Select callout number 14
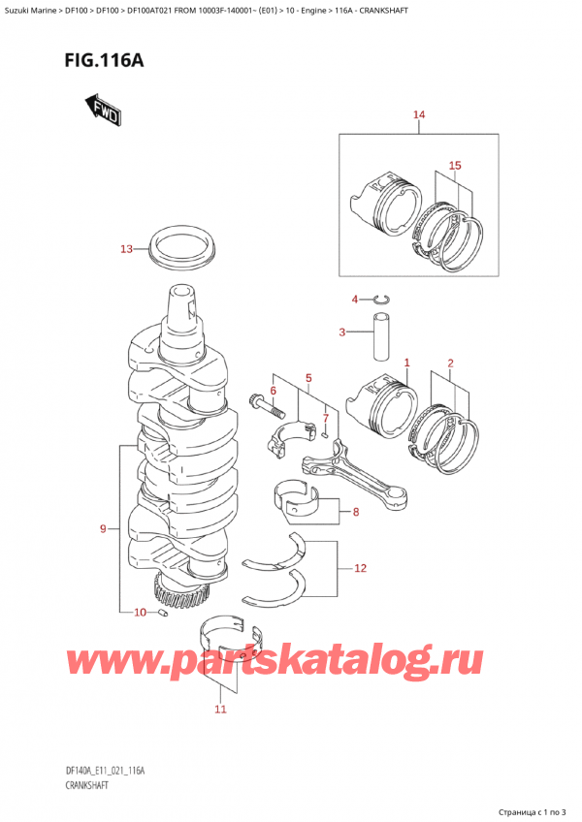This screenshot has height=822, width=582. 419,116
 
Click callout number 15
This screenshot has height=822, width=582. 454,166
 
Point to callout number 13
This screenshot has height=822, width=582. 125,249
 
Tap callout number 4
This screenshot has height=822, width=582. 355,299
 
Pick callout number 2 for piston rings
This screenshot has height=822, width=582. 450,364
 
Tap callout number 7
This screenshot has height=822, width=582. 327,419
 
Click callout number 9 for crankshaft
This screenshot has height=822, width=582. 103,529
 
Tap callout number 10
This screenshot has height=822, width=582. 140,612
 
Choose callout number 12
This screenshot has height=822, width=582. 361,568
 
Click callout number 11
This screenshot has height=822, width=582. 220,710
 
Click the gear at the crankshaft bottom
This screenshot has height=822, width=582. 179,587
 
